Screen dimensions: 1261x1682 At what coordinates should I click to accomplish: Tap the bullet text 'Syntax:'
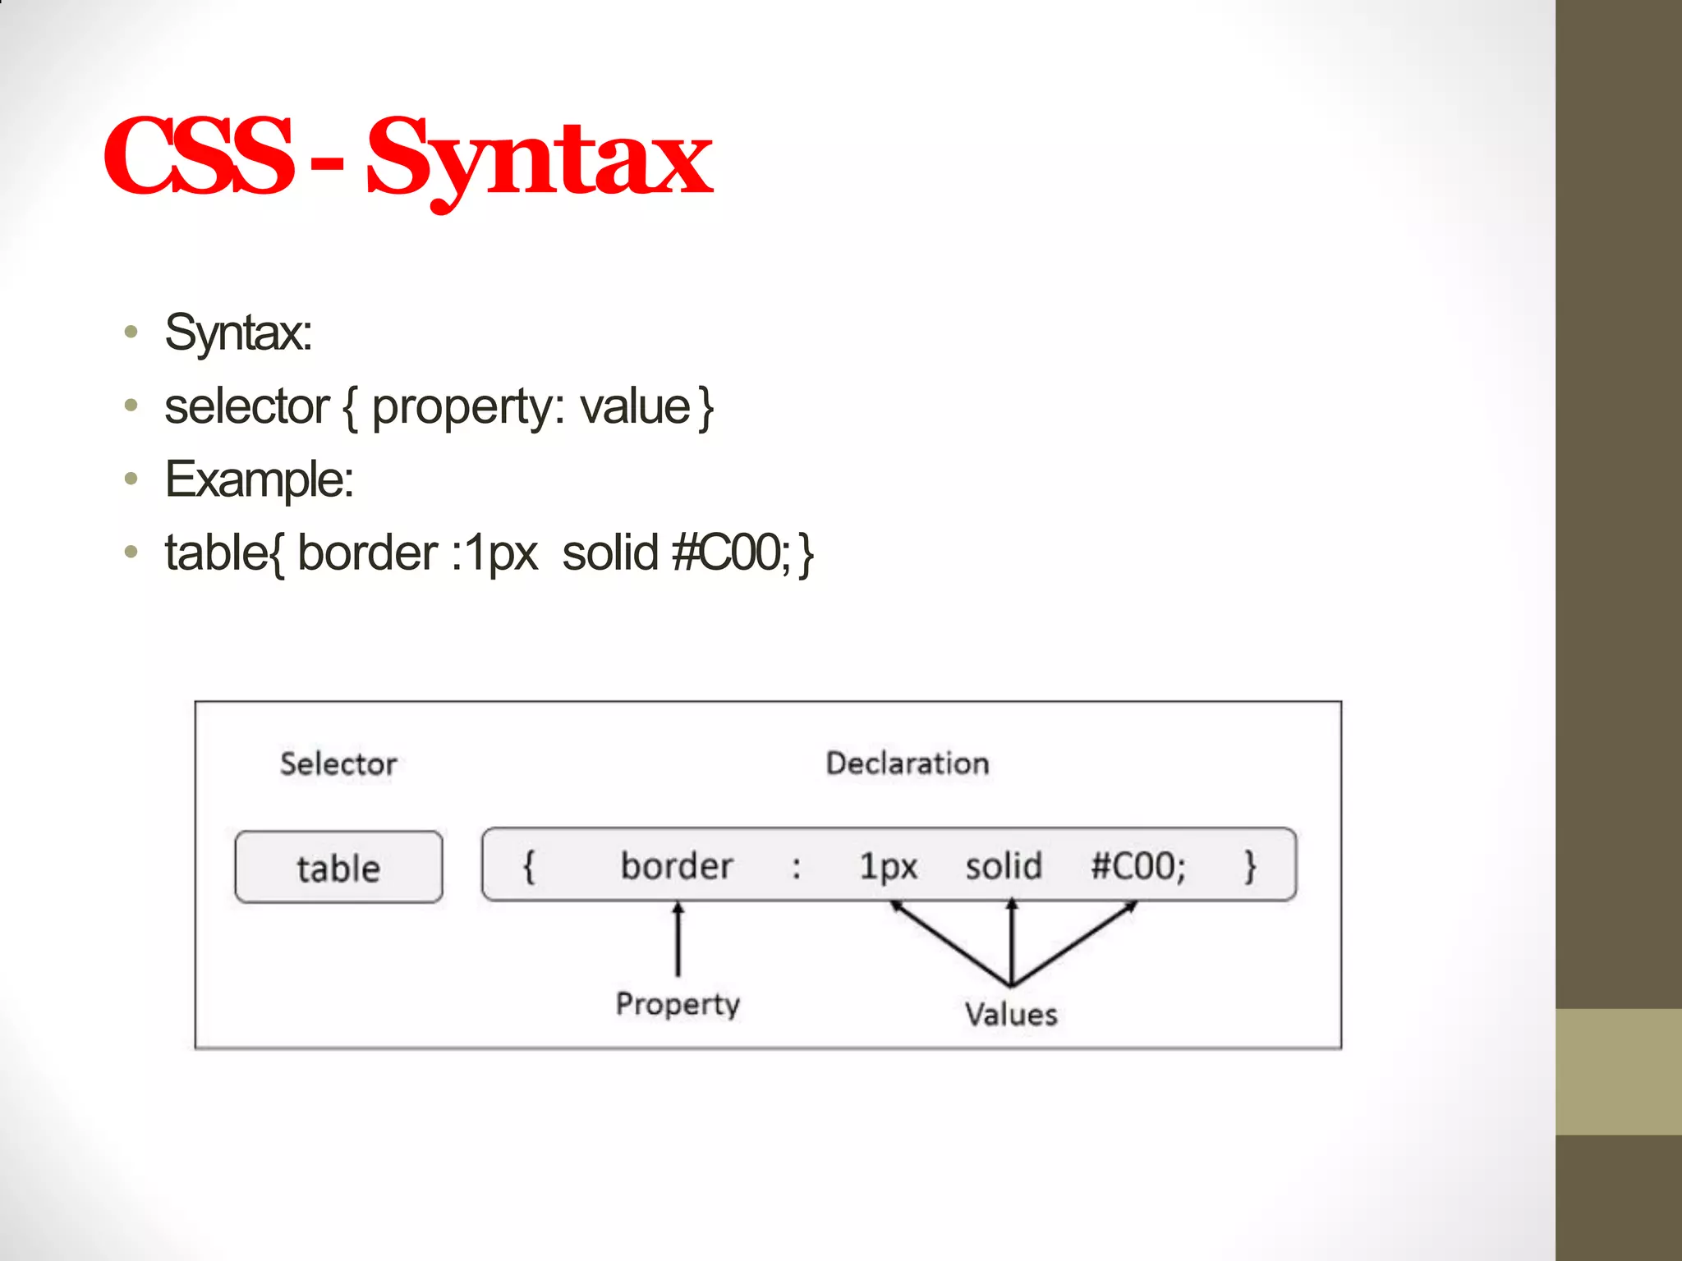click(238, 332)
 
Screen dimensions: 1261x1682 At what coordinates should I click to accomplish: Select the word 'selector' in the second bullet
click(246, 406)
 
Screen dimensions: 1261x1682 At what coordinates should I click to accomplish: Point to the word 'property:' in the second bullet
click(468, 408)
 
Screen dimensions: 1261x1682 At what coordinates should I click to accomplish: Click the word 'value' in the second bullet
click(635, 406)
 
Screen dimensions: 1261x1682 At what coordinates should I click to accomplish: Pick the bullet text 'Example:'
click(260, 479)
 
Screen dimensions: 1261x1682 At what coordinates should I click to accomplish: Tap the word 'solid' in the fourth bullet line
click(610, 553)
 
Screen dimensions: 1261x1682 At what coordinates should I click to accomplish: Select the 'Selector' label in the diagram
click(338, 764)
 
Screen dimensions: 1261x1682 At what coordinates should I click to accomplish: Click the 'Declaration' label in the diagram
click(908, 763)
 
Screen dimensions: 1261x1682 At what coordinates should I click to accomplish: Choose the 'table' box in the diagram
click(338, 868)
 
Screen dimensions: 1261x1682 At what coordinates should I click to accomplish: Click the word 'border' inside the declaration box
click(677, 866)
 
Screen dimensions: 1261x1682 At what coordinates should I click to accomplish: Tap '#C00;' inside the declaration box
click(1138, 866)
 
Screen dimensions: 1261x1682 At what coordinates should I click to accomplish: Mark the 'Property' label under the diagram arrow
click(678, 1004)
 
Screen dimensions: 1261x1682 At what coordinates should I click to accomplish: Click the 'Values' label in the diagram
click(1011, 1015)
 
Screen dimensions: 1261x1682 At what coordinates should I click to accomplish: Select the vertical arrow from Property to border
click(678, 940)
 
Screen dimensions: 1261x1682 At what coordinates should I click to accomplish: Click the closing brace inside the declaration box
click(1250, 866)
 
